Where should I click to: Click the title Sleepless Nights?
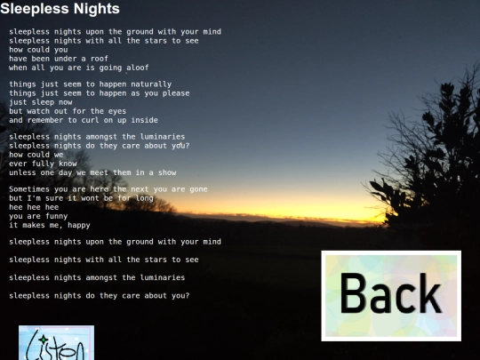[x=60, y=10]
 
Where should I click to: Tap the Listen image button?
[x=56, y=344]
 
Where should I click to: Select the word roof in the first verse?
[x=100, y=58]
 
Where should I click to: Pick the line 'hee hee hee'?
[x=33, y=207]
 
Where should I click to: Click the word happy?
[x=78, y=225]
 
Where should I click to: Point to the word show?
[x=172, y=172]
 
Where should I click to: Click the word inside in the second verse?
[x=144, y=120]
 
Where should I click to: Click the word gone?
[x=197, y=189]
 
